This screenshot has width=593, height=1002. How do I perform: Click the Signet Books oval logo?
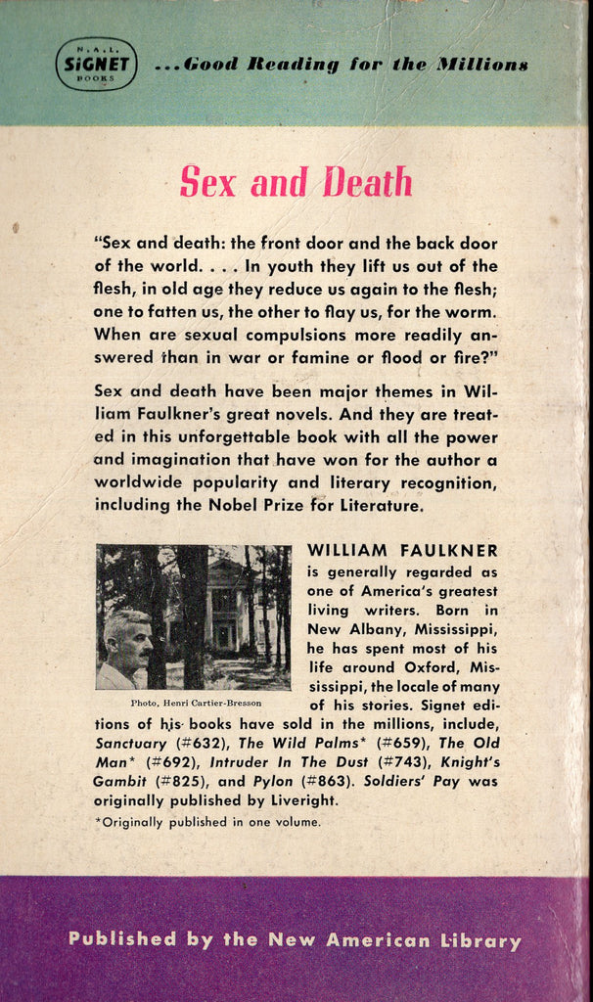[95, 64]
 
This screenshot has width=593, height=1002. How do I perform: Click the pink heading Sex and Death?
[296, 182]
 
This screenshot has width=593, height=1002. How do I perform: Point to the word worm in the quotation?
[470, 312]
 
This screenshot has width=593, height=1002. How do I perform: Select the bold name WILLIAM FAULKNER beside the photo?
[402, 551]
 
